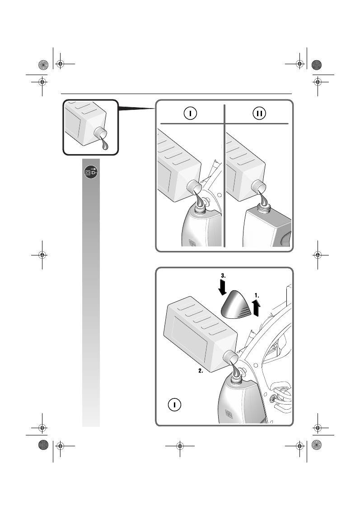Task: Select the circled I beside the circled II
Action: [x=190, y=113]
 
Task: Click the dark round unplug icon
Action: [x=91, y=172]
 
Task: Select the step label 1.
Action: [x=256, y=296]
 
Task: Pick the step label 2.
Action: [x=201, y=371]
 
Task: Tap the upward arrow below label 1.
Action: [x=256, y=310]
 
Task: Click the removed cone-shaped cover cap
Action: [x=236, y=304]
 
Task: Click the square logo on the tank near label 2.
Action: [x=229, y=413]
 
